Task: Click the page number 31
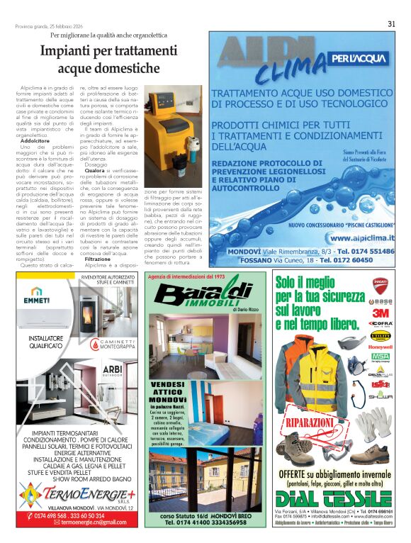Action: coord(391,23)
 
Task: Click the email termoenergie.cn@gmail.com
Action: coord(79,522)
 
